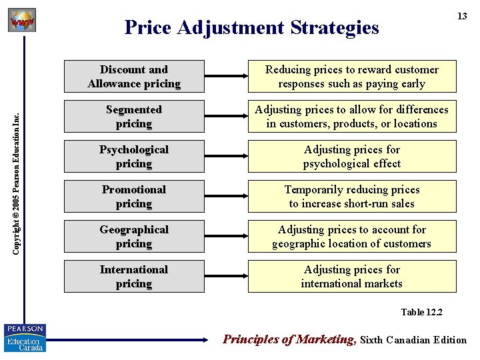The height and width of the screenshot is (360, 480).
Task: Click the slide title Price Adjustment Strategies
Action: pos(251,27)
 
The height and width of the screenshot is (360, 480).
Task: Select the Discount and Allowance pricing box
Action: pos(134,77)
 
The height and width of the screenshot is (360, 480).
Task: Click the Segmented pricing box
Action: pos(134,117)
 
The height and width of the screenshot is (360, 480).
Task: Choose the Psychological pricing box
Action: pos(134,157)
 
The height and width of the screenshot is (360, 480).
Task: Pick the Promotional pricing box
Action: pos(134,197)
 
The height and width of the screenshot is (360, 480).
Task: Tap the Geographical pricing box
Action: pos(134,237)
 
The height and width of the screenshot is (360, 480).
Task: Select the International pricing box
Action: pos(134,277)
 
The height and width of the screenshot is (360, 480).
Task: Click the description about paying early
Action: pos(352,77)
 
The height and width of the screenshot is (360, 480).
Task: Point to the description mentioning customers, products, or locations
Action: pos(352,117)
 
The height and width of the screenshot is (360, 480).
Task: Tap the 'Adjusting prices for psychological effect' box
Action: pos(352,157)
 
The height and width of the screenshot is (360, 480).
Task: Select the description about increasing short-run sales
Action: pos(352,197)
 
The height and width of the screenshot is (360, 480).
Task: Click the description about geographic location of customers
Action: pos(352,237)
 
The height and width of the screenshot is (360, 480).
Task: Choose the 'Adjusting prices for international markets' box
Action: pos(352,277)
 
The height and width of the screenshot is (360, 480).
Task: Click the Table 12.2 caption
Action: pos(421,312)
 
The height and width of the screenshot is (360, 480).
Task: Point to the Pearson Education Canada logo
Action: pos(25,338)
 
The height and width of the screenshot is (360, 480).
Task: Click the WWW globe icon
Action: pos(21,20)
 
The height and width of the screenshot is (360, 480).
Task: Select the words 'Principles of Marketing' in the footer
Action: pos(289,339)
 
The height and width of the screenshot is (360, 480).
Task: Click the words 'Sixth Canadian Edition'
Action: pos(413,340)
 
